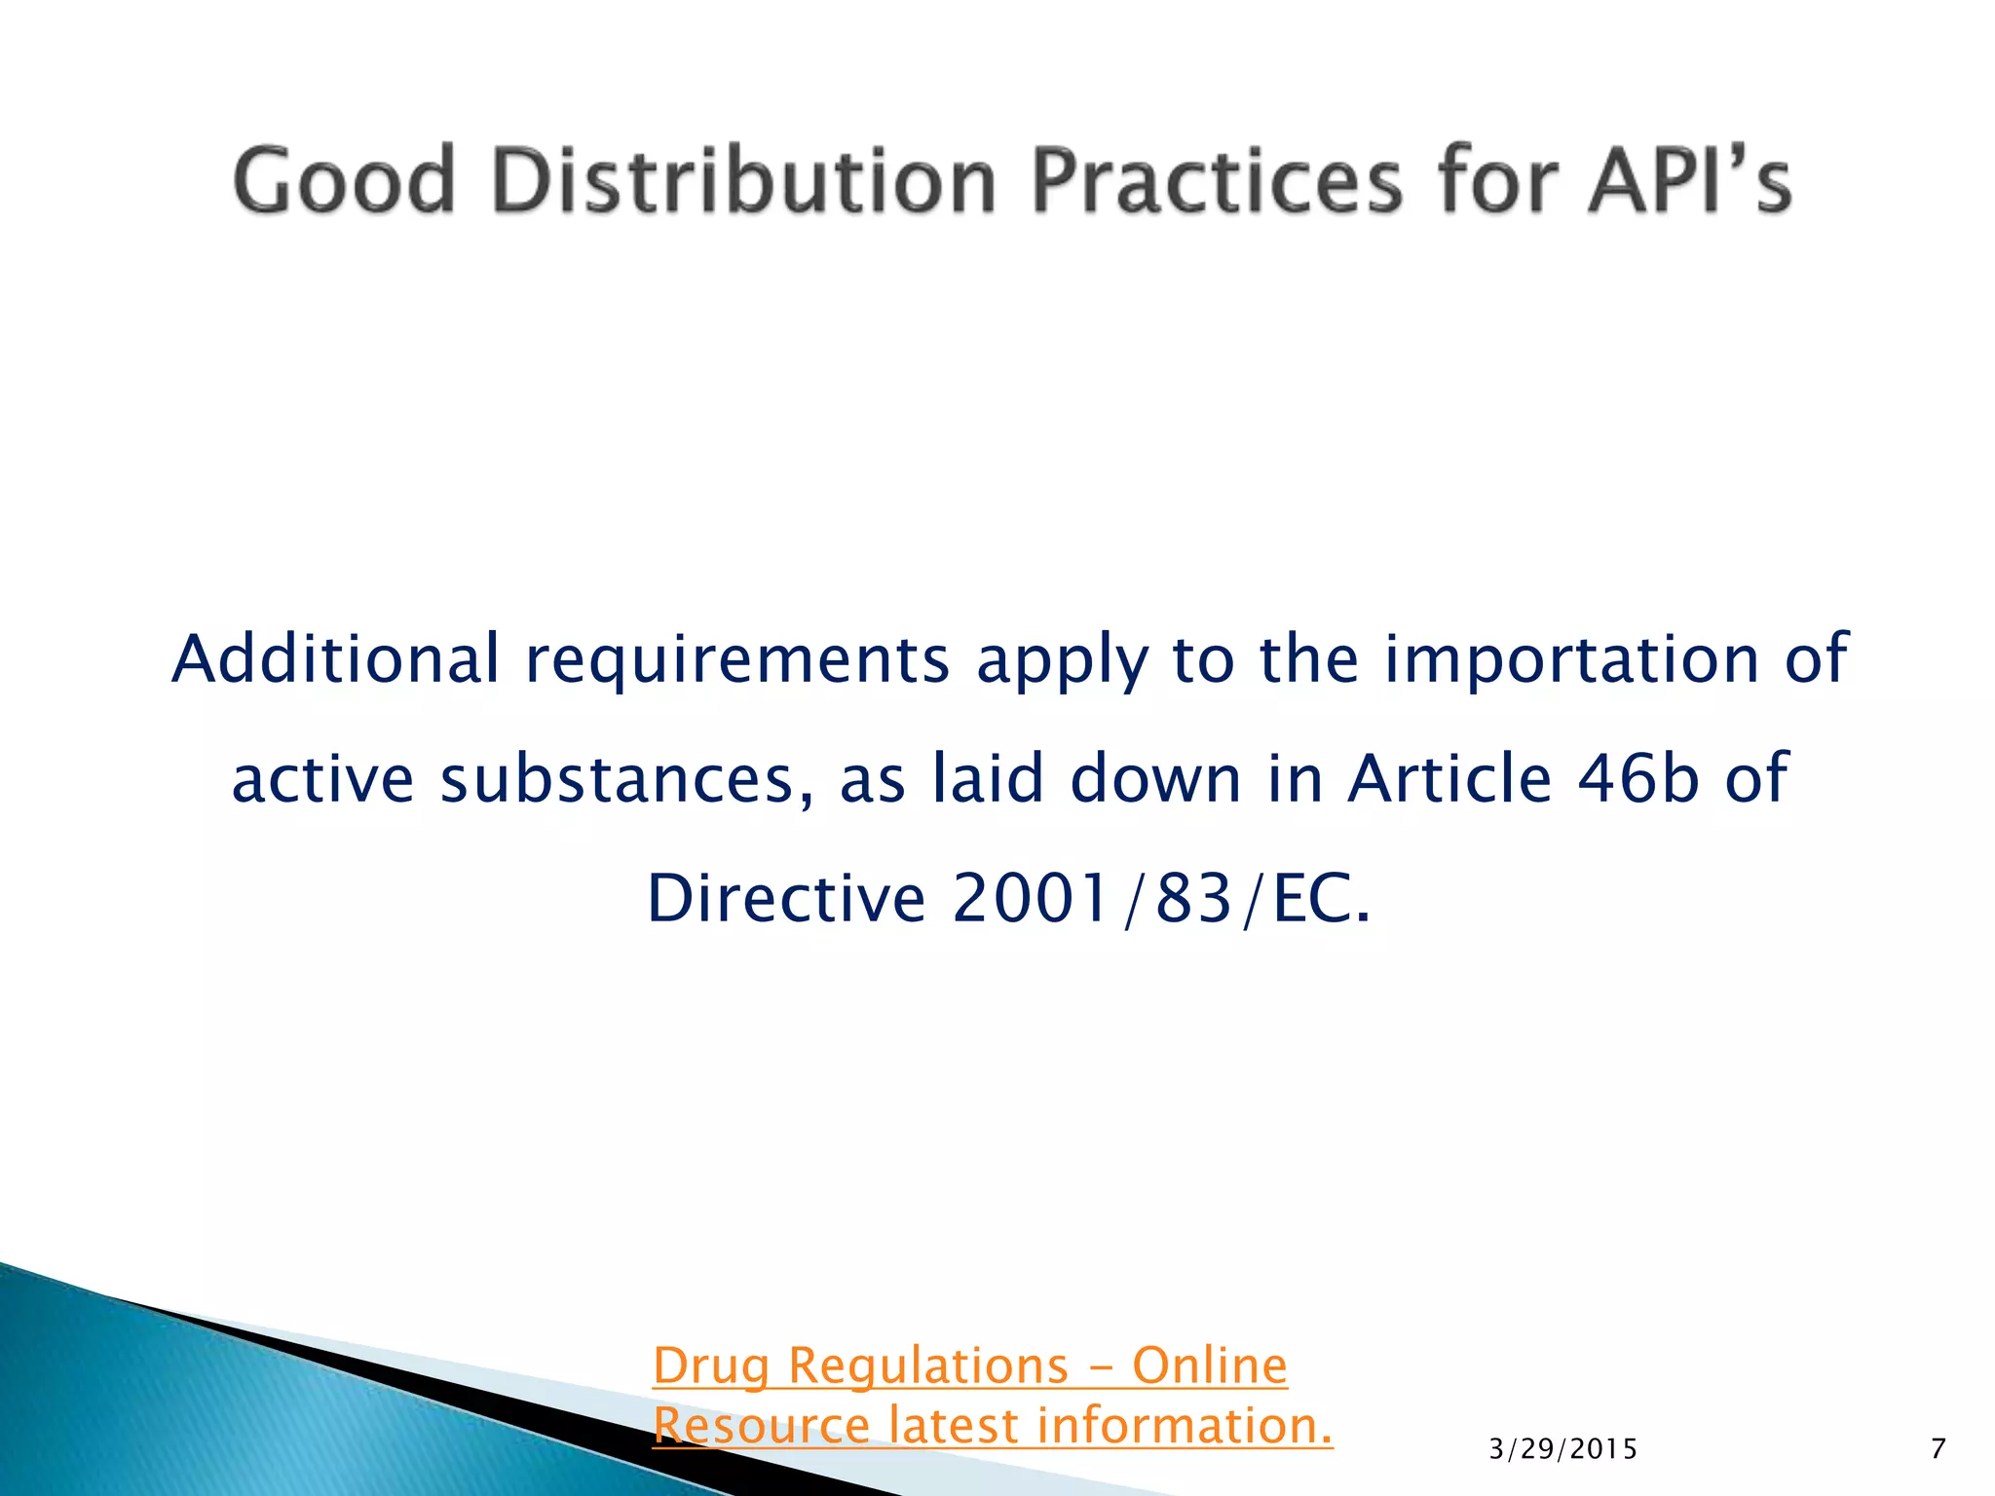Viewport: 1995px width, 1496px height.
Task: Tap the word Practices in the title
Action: [1217, 180]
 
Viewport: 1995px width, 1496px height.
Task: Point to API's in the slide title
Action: [1690, 180]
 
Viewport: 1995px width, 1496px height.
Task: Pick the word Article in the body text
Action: [1449, 779]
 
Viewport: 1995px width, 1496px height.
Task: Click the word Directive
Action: [786, 898]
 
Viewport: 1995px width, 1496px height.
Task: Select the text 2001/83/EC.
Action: [1161, 898]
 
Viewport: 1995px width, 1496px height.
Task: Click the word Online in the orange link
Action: [1210, 1366]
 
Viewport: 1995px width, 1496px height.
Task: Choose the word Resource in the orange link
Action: [762, 1426]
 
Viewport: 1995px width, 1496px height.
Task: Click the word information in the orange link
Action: [1184, 1426]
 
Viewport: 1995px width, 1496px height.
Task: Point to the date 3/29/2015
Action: [1563, 1450]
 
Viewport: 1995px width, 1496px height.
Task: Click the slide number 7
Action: [1938, 1449]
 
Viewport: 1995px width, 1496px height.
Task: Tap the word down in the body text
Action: [1156, 779]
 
